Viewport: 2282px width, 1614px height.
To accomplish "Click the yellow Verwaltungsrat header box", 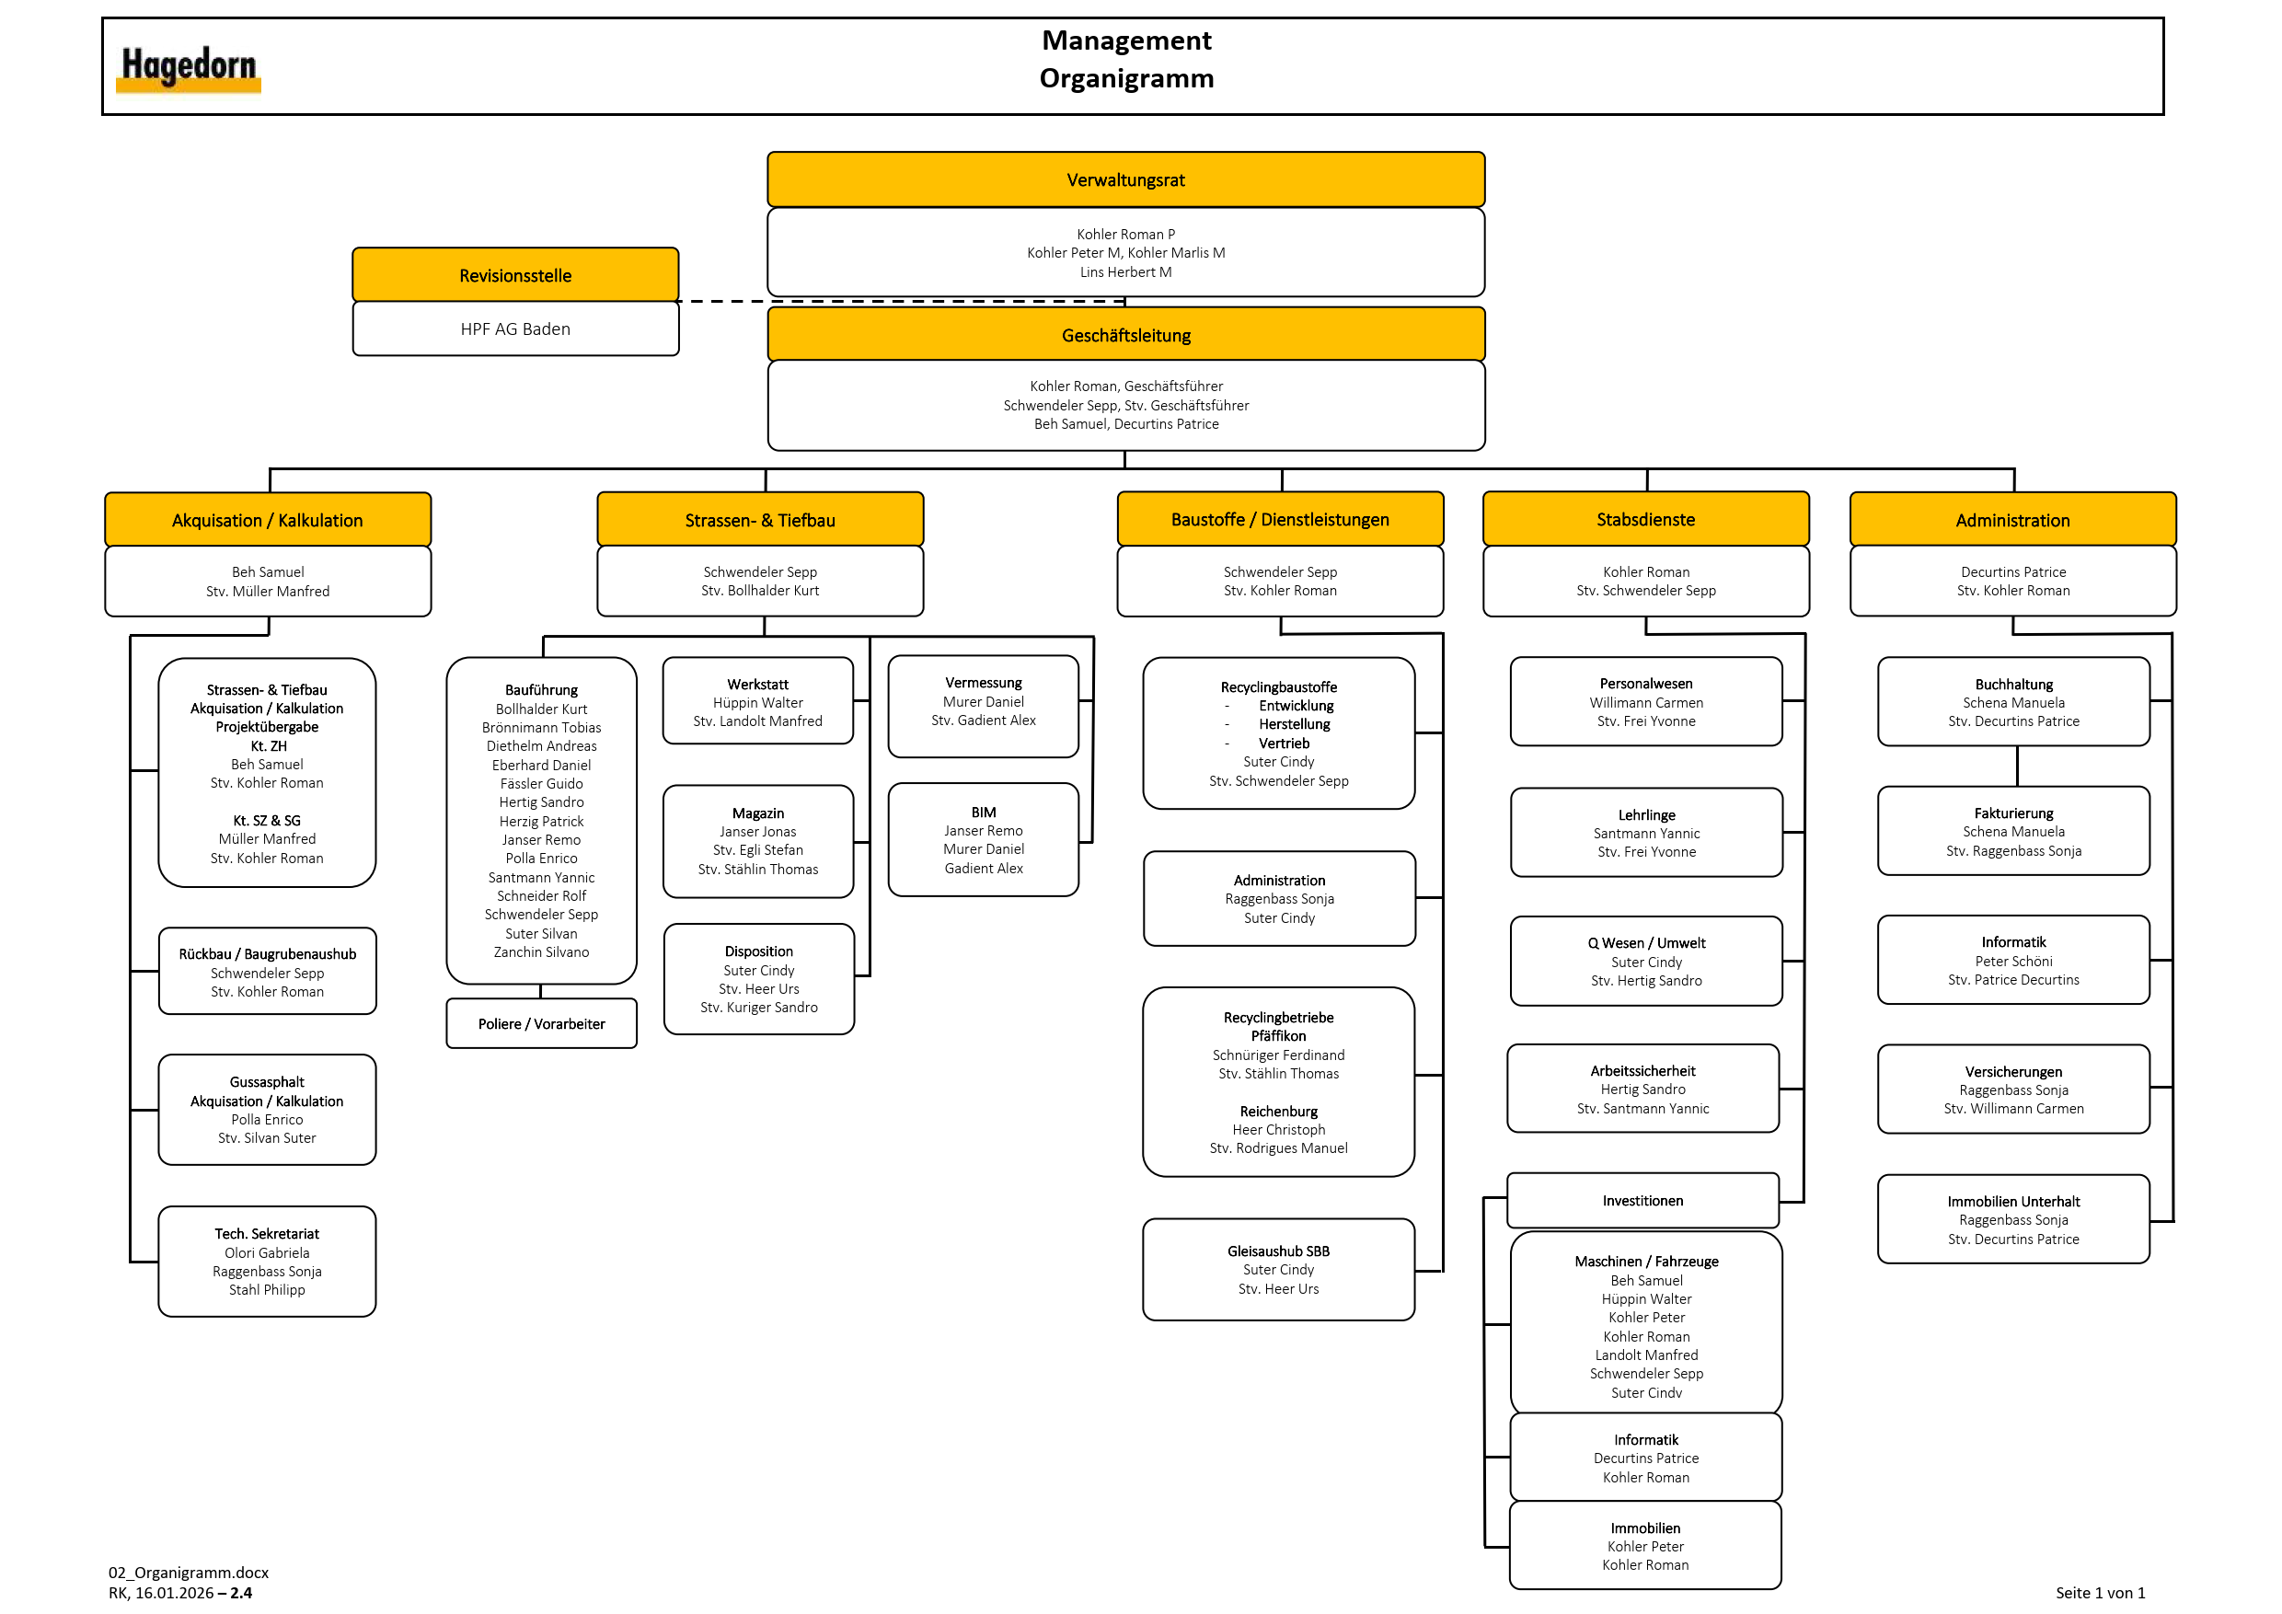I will click(x=1125, y=179).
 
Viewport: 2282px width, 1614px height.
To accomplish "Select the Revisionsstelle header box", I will click(x=515, y=275).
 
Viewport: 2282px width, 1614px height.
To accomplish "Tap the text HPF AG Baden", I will click(x=515, y=329).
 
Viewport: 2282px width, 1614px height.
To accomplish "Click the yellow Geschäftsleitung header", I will click(x=1125, y=335).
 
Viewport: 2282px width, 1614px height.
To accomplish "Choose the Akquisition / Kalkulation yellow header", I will click(x=268, y=520).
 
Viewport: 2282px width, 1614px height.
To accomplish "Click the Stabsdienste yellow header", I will click(x=1645, y=519).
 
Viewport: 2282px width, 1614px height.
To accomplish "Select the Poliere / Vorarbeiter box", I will click(x=541, y=1023).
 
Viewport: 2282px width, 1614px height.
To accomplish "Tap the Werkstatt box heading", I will click(x=757, y=684).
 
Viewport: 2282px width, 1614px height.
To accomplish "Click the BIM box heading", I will click(x=983, y=812).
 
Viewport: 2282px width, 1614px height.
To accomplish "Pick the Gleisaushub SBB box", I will click(x=1278, y=1269).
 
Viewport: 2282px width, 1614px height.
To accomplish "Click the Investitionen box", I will click(x=1642, y=1201).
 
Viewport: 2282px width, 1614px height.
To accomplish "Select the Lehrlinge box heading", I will click(x=1646, y=815).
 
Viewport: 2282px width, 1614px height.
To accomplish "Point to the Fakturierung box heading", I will click(x=2012, y=813).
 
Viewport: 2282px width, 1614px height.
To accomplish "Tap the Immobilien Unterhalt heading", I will click(x=2012, y=1202).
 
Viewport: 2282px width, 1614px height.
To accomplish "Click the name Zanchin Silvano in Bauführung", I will click(x=541, y=952).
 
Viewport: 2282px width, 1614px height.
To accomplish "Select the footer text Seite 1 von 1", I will click(x=2099, y=1592).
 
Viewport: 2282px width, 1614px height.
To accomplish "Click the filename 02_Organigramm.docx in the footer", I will click(x=189, y=1573).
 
